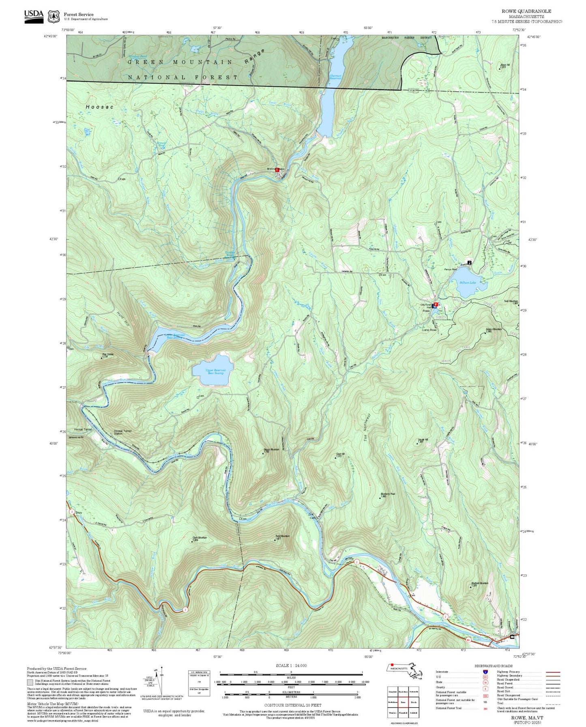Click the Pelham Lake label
point(467,282)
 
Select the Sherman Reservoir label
point(335,77)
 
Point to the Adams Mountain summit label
point(493,330)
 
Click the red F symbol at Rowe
point(436,304)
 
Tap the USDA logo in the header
point(34,15)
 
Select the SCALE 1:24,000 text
point(291,665)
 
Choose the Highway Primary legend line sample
point(553,672)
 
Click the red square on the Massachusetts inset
point(392,665)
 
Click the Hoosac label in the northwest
point(100,107)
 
